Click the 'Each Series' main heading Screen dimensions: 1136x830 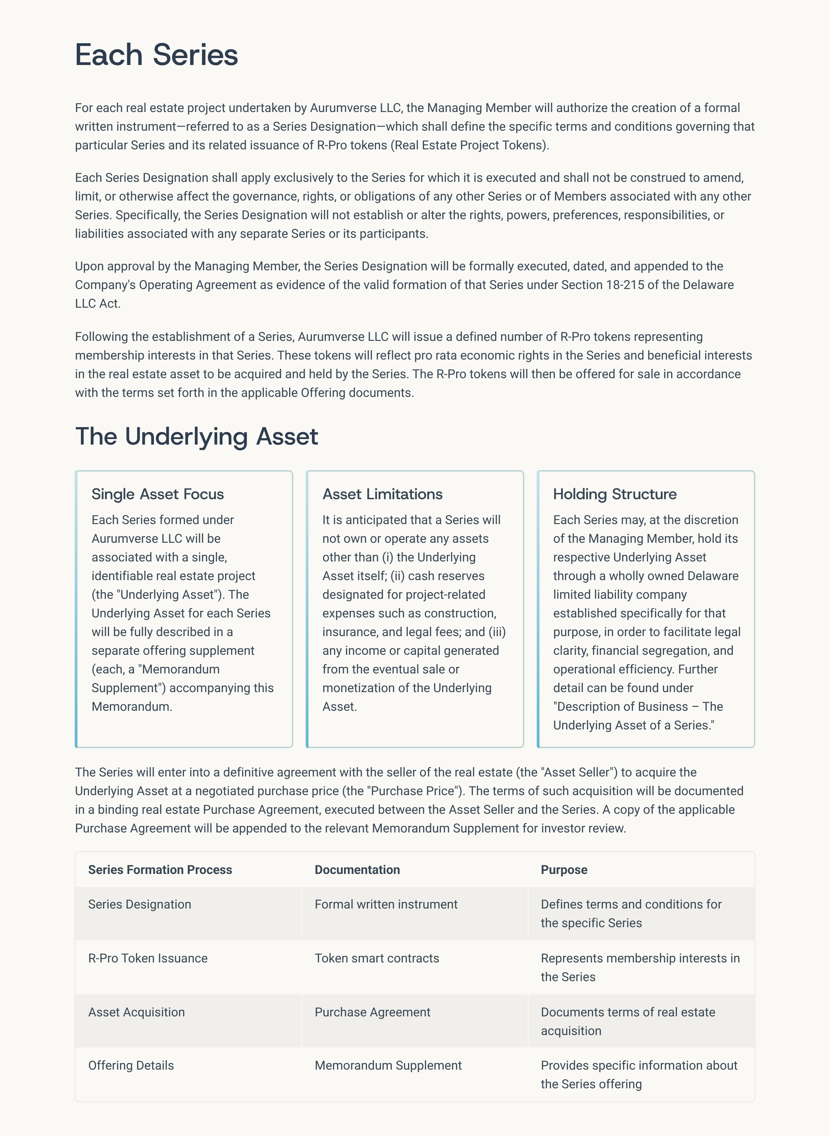click(156, 54)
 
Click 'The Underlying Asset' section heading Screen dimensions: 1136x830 click(196, 436)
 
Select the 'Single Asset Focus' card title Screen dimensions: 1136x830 click(157, 494)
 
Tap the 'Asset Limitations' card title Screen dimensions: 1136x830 click(382, 494)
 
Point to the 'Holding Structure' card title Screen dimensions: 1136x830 click(615, 494)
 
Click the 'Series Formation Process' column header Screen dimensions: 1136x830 click(160, 870)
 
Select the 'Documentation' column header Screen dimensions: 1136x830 click(357, 870)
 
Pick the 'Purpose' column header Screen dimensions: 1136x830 click(564, 870)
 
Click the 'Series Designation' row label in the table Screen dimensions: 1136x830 click(140, 904)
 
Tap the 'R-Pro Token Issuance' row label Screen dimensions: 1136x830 click(148, 958)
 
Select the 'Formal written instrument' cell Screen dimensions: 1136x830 click(386, 904)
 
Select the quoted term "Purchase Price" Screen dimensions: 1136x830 click(415, 791)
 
